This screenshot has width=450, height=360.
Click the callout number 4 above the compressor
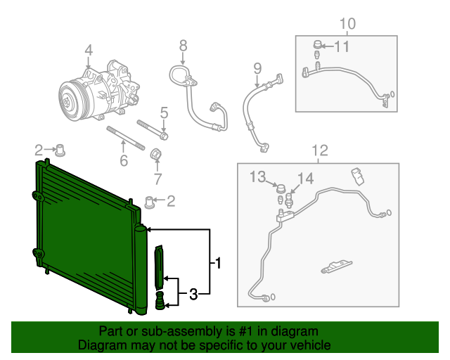coord(89,50)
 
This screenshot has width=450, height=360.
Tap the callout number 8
coord(183,46)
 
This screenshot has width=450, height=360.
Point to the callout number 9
coord(257,68)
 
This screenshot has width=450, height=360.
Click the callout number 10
coord(348,25)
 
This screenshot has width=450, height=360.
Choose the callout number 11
coord(341,46)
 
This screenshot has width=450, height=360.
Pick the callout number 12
coord(319,150)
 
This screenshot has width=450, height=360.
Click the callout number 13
coord(258,176)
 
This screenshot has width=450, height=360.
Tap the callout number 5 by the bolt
coord(164,112)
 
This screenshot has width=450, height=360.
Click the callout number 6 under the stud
coord(124,161)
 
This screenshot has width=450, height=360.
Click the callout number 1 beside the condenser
coord(218,264)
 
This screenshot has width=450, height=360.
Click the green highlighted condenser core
coord(84,225)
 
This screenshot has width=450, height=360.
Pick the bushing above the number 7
coord(158,154)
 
